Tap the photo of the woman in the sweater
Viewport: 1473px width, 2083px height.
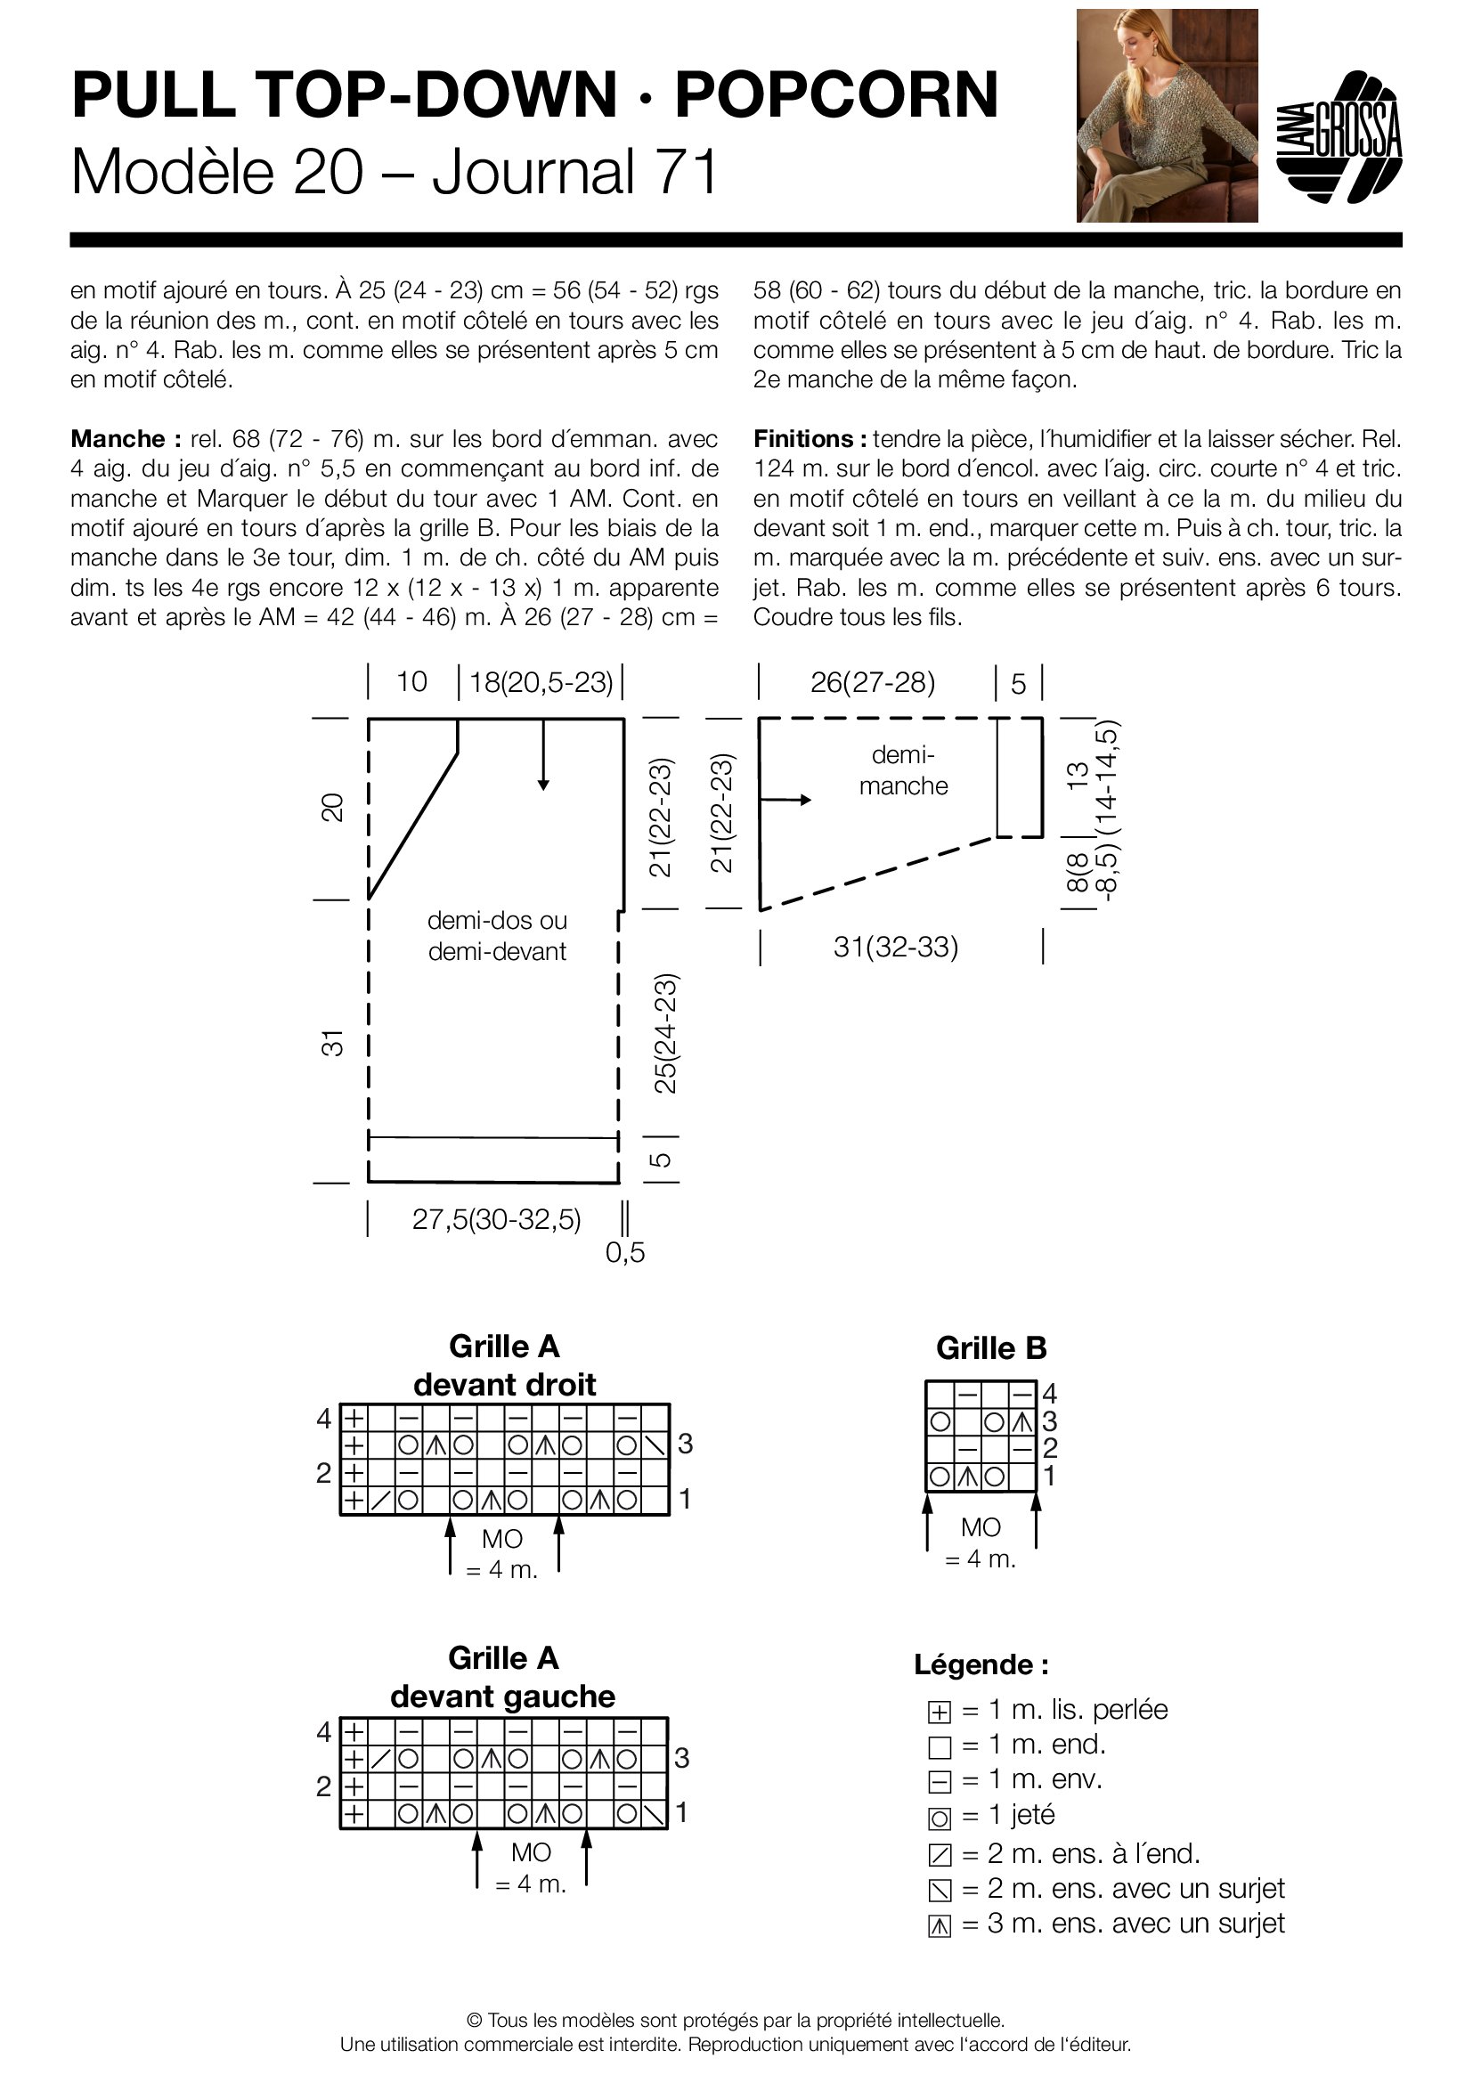1167,115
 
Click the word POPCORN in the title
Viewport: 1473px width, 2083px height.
835,95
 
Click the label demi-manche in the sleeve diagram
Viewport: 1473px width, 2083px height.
902,770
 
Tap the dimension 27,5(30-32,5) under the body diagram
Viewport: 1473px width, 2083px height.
496,1219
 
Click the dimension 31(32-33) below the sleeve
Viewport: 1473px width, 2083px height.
895,948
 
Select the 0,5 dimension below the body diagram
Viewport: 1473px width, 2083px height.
625,1253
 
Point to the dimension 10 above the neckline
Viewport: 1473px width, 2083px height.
411,682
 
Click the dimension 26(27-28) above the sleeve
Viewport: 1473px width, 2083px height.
873,682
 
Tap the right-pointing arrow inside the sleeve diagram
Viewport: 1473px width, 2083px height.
786,799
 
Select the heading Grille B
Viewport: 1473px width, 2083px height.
990,1348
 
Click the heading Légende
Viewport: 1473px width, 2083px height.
981,1664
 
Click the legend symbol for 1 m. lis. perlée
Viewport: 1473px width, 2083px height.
940,1712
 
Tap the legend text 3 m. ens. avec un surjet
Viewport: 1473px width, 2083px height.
1135,1924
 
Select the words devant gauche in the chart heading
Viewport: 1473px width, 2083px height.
502,1697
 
